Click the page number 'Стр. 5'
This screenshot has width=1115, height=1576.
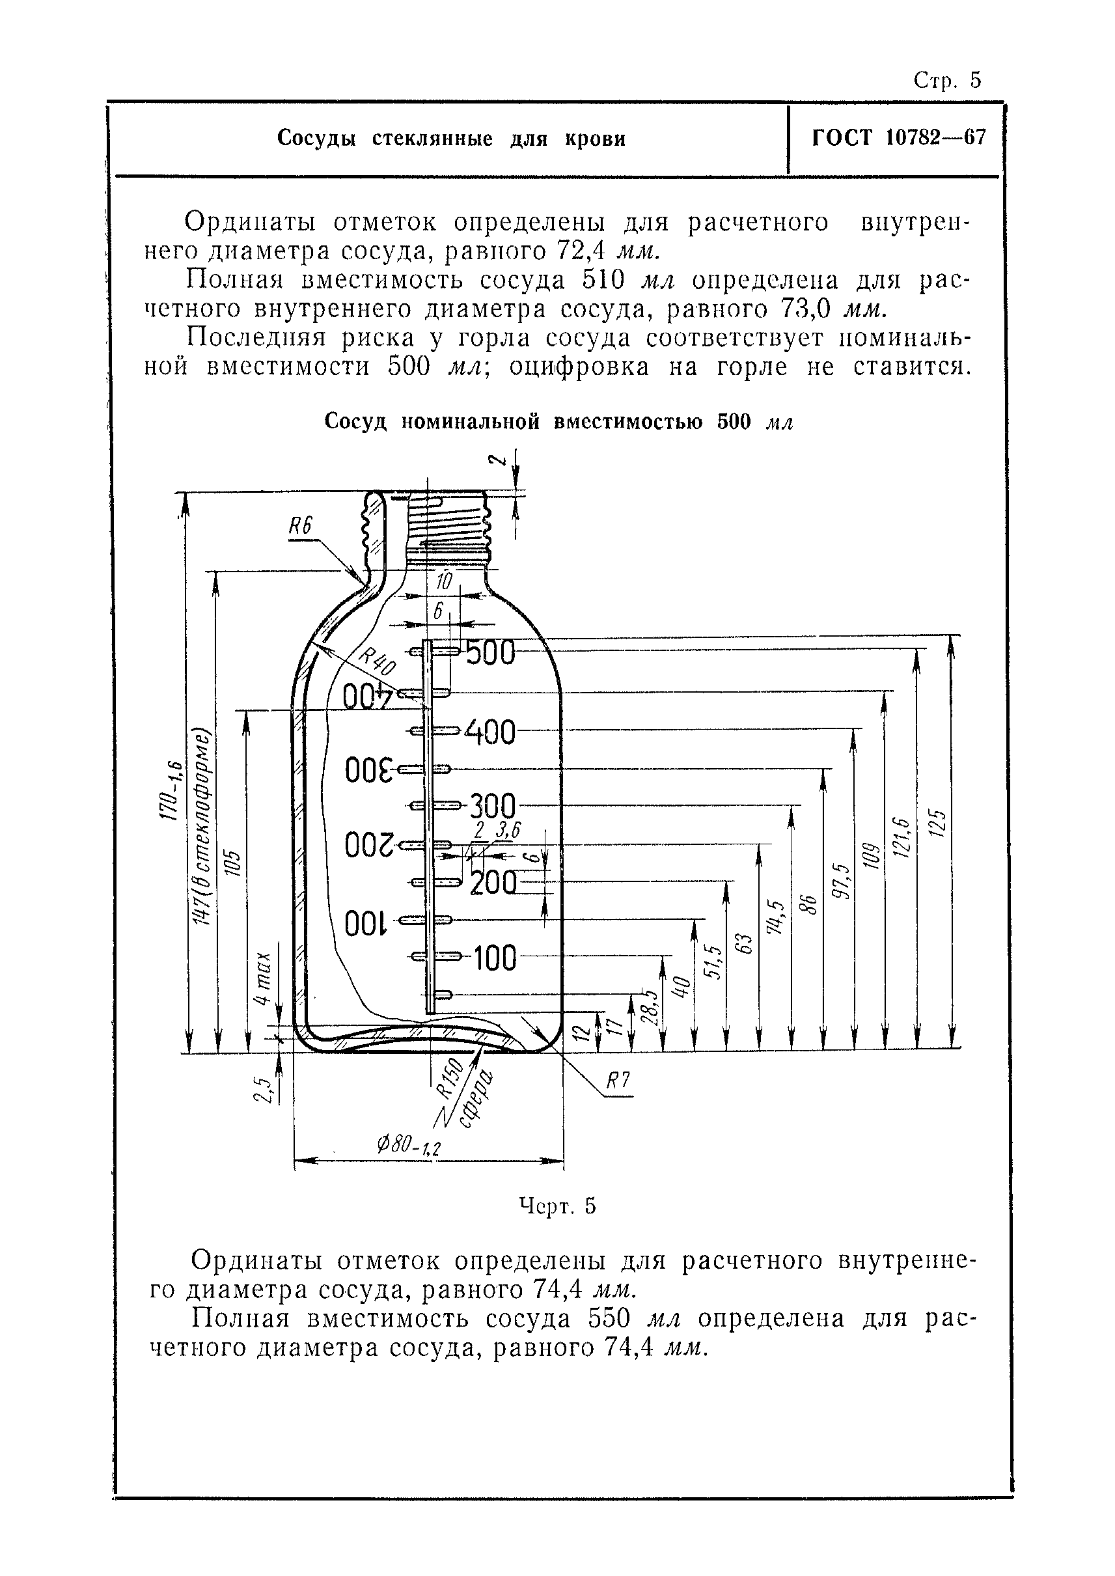coord(948,80)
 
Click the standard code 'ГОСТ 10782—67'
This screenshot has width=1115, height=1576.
coord(898,138)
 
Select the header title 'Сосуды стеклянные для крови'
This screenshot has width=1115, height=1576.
coord(451,139)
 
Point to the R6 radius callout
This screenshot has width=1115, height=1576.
coord(300,527)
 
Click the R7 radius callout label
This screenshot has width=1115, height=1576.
coord(617,1081)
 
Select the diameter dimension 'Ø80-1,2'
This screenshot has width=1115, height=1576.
coord(409,1144)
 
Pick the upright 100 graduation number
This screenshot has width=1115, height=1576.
coord(493,958)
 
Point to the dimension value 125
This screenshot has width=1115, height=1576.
coord(938,823)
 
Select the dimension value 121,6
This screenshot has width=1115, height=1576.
coord(902,837)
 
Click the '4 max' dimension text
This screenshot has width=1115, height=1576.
coord(262,978)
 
